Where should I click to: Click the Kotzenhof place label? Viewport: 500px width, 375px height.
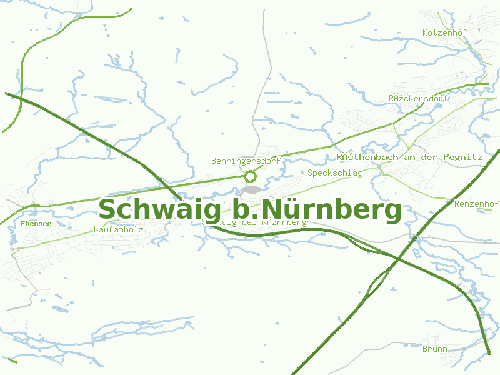446,32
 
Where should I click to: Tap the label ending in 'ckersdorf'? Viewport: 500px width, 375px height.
419,98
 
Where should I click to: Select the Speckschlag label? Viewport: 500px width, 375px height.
334,172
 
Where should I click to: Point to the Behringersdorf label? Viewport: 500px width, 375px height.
246,161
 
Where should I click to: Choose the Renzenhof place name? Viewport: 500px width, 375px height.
476,204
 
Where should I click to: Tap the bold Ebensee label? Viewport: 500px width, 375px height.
36,223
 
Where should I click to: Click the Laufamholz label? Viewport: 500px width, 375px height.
118,229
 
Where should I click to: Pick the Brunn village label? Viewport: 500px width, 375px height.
434,349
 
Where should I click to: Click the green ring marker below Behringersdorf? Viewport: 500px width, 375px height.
251,176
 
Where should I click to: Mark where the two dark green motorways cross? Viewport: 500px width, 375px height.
398,258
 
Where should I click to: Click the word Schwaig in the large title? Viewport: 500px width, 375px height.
159,210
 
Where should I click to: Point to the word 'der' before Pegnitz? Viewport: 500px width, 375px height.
429,157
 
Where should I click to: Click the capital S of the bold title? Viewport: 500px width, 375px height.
109,209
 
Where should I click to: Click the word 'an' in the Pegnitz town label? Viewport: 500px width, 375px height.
409,157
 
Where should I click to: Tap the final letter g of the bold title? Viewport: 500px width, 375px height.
392,212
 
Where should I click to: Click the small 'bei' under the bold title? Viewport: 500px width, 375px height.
249,222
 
